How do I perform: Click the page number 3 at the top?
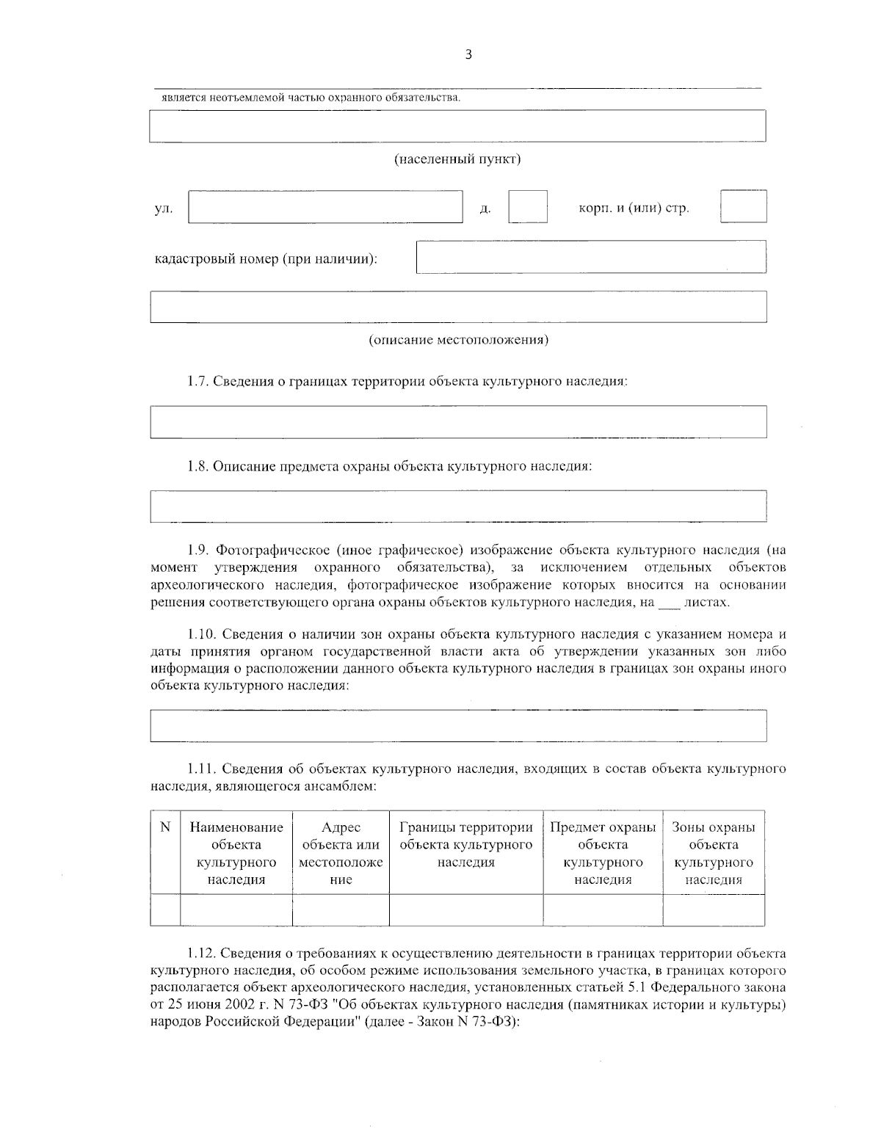click(x=468, y=54)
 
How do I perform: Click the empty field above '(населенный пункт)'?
click(x=457, y=126)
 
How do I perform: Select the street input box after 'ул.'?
click(x=325, y=206)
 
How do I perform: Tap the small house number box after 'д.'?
click(x=528, y=206)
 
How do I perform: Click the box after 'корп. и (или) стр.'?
click(x=743, y=206)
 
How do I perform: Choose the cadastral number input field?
click(x=591, y=257)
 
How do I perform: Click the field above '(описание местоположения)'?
click(x=457, y=307)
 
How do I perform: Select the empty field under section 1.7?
click(x=457, y=421)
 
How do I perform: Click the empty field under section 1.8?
click(x=457, y=506)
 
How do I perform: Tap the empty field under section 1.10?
click(x=457, y=725)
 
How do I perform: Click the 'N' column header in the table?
click(x=165, y=827)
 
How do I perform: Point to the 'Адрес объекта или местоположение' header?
click(x=341, y=853)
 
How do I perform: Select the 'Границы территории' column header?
click(x=466, y=844)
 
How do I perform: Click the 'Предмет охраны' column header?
click(x=603, y=853)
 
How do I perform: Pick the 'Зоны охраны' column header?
click(x=714, y=853)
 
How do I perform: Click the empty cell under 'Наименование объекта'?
click(x=236, y=910)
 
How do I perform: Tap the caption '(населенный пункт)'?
click(x=457, y=159)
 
